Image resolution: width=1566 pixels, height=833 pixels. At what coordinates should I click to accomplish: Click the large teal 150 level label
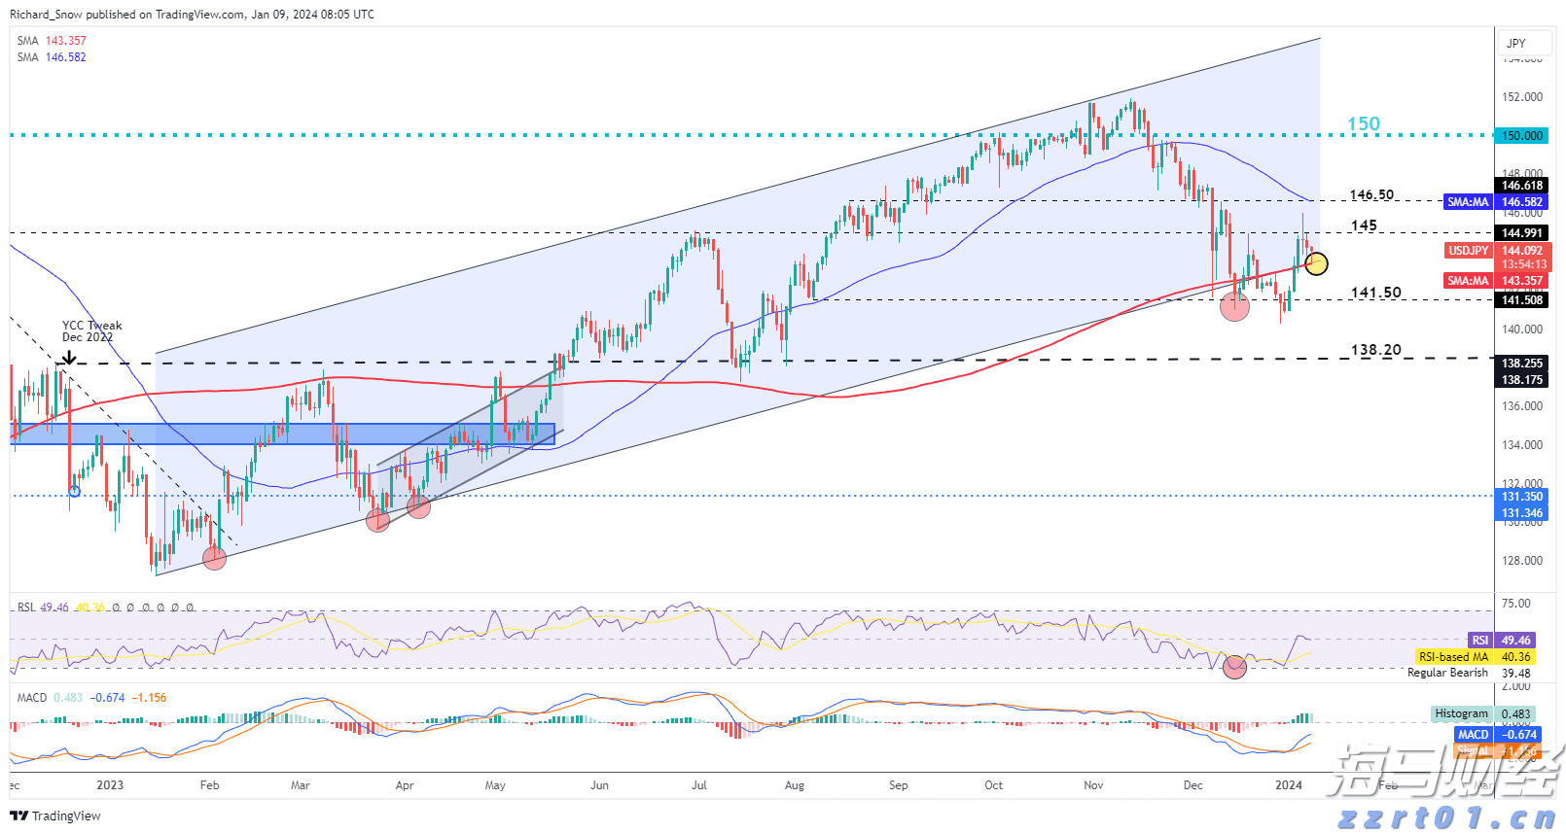click(x=1363, y=123)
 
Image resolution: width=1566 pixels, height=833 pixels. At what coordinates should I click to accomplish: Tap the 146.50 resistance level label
click(x=1371, y=195)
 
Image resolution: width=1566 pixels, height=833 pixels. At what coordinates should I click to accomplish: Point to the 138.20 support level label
click(x=1375, y=350)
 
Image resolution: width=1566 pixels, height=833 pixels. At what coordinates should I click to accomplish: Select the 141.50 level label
click(x=1375, y=293)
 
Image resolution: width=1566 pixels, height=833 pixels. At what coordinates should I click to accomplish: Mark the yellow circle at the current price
click(x=1316, y=263)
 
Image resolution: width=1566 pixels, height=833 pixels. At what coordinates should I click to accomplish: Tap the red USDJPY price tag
click(x=1468, y=251)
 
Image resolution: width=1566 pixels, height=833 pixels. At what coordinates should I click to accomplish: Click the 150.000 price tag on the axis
click(x=1522, y=136)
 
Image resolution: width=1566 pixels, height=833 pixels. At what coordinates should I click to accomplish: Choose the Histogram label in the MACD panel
click(x=1462, y=713)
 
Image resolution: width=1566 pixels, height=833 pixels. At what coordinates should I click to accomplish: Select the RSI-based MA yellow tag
click(x=1453, y=657)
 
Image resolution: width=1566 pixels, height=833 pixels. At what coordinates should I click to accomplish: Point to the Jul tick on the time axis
click(x=698, y=785)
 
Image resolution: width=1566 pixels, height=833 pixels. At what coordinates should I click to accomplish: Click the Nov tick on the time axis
click(x=1093, y=785)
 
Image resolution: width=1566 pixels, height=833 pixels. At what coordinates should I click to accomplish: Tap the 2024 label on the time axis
click(x=1288, y=785)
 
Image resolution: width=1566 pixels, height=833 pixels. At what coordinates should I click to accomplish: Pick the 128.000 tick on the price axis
click(x=1522, y=561)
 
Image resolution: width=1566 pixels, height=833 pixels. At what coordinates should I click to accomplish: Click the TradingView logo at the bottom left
click(x=55, y=816)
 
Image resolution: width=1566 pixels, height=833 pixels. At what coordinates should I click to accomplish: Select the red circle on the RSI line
click(x=1234, y=667)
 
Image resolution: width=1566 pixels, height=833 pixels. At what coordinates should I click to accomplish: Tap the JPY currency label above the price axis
click(x=1515, y=43)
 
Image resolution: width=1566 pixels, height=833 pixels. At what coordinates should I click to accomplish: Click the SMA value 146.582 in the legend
click(x=65, y=57)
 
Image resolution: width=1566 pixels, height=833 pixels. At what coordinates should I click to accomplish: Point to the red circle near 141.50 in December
click(x=1234, y=307)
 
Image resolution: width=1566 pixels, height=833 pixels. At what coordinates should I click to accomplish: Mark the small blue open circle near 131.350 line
click(x=75, y=491)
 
